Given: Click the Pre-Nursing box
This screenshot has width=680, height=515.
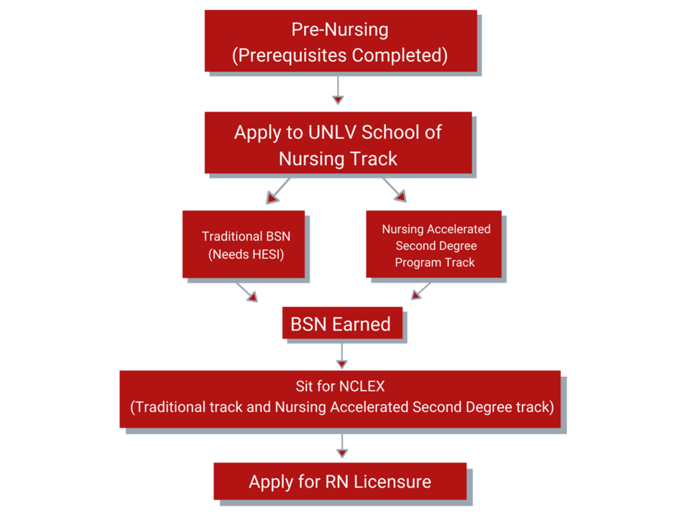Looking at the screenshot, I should [340, 42].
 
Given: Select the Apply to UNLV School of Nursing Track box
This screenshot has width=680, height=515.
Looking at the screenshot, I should [338, 144].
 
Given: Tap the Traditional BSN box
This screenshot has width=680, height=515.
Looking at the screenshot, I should [245, 244].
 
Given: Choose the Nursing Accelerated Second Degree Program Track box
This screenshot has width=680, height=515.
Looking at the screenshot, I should [434, 245].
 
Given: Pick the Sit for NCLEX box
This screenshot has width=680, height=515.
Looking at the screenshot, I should [340, 398].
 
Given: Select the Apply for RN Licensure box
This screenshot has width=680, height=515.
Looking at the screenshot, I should [340, 482].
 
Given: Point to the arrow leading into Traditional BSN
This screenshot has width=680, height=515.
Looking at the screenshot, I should [278, 191].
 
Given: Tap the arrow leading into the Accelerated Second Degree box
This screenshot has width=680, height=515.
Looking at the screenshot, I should [395, 191].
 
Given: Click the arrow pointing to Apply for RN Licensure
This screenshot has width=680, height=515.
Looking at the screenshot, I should [341, 447].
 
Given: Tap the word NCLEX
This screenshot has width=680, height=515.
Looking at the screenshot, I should [361, 387].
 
